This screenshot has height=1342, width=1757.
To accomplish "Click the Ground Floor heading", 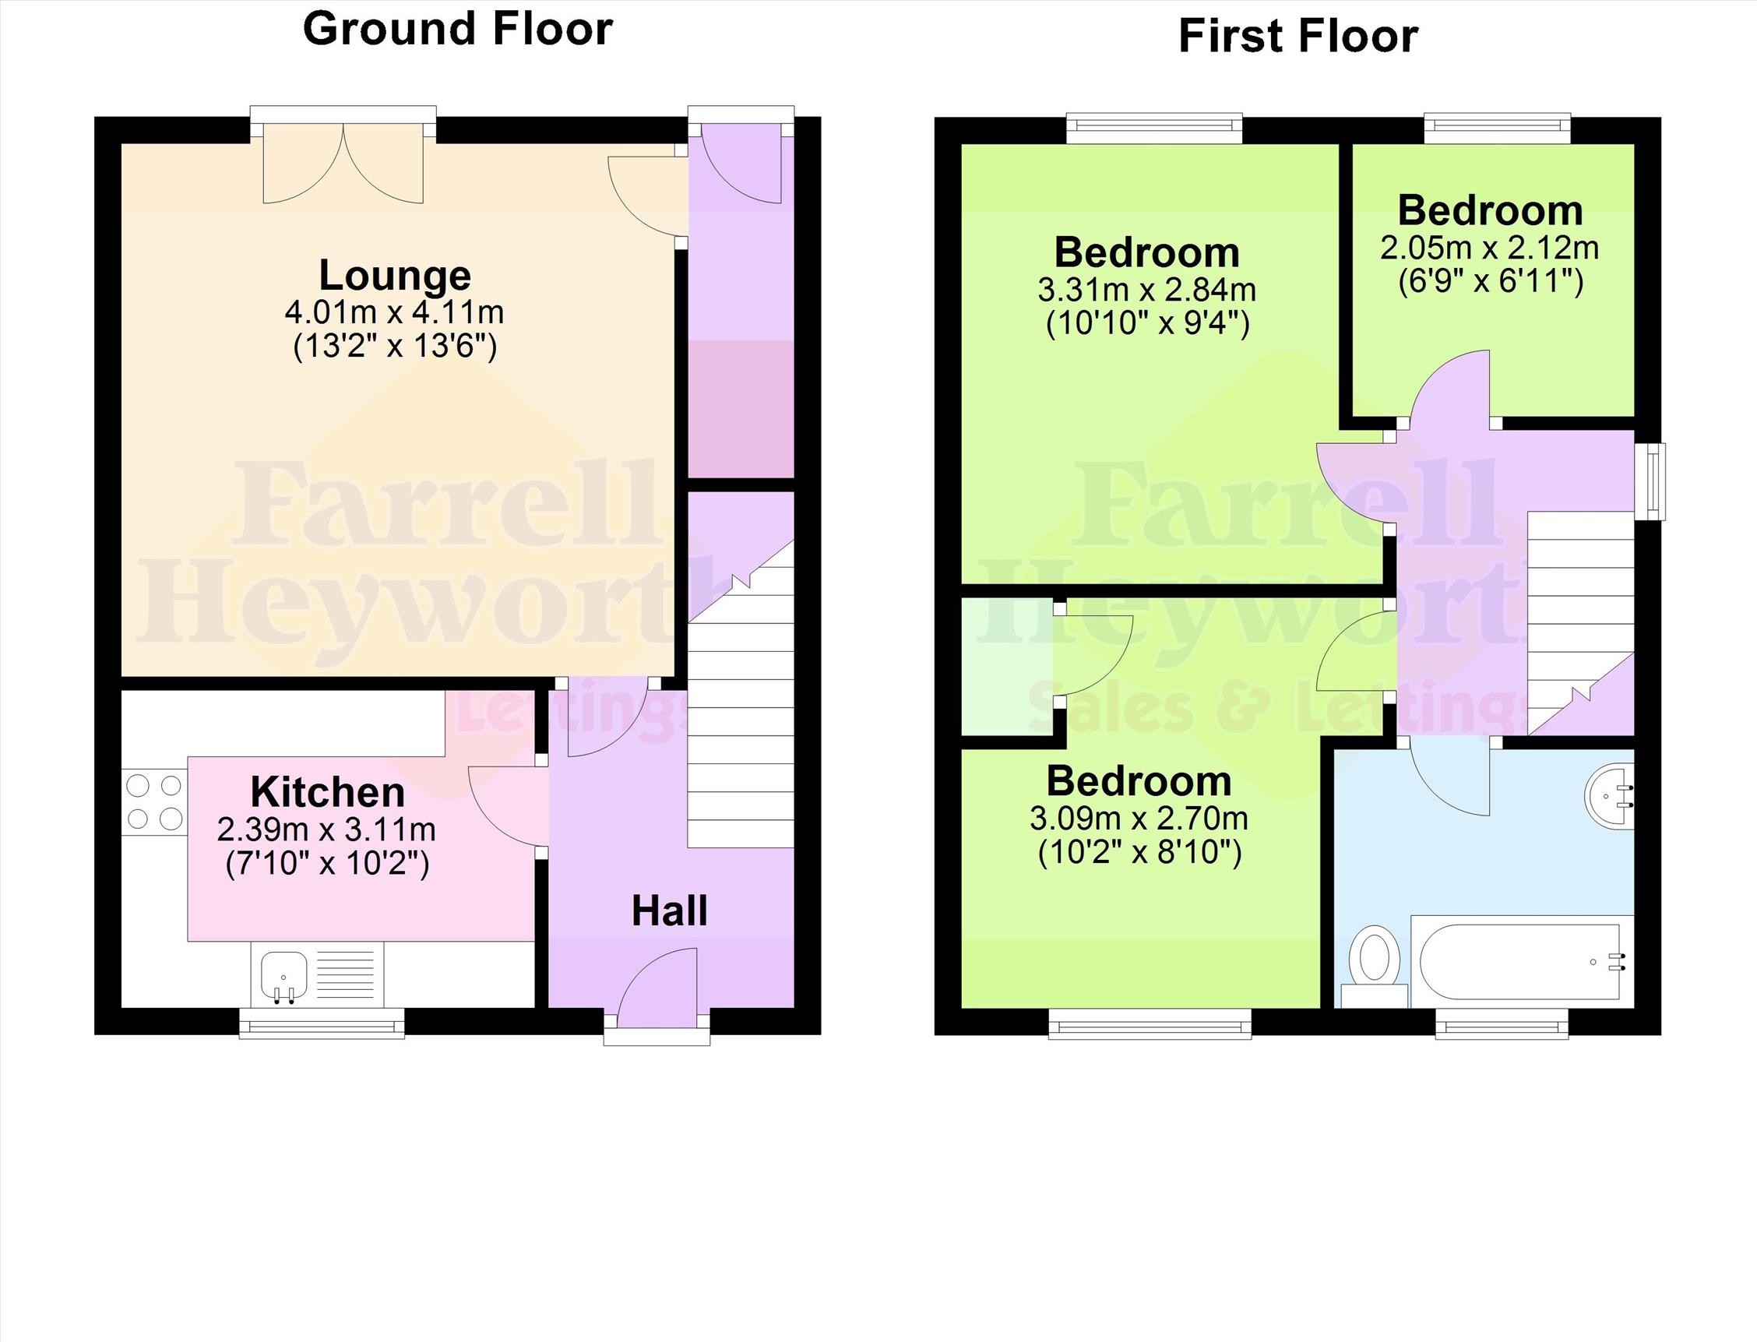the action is tap(458, 30).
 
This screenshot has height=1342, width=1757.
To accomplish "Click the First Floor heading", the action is tap(1298, 37).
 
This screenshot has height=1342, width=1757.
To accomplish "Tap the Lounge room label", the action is tap(396, 275).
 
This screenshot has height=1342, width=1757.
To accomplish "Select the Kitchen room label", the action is tap(327, 791).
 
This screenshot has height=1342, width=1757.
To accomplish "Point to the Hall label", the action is tap(669, 911).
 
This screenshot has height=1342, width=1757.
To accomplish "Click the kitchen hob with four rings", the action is tap(154, 802).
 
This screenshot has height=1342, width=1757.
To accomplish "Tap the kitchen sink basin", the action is tap(283, 976).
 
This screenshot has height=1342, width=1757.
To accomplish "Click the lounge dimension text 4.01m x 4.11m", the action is tap(395, 312).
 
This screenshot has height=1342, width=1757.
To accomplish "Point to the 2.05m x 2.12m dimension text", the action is tap(1489, 248).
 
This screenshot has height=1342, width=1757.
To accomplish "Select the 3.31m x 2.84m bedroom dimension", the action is tap(1147, 289).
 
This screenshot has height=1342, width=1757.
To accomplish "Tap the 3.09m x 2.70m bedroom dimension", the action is tap(1139, 818).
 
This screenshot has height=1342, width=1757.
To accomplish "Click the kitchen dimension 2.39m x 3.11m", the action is tap(326, 830).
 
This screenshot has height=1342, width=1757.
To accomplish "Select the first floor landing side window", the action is tap(1650, 481).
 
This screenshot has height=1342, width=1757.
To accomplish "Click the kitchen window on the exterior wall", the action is tap(322, 1023).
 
